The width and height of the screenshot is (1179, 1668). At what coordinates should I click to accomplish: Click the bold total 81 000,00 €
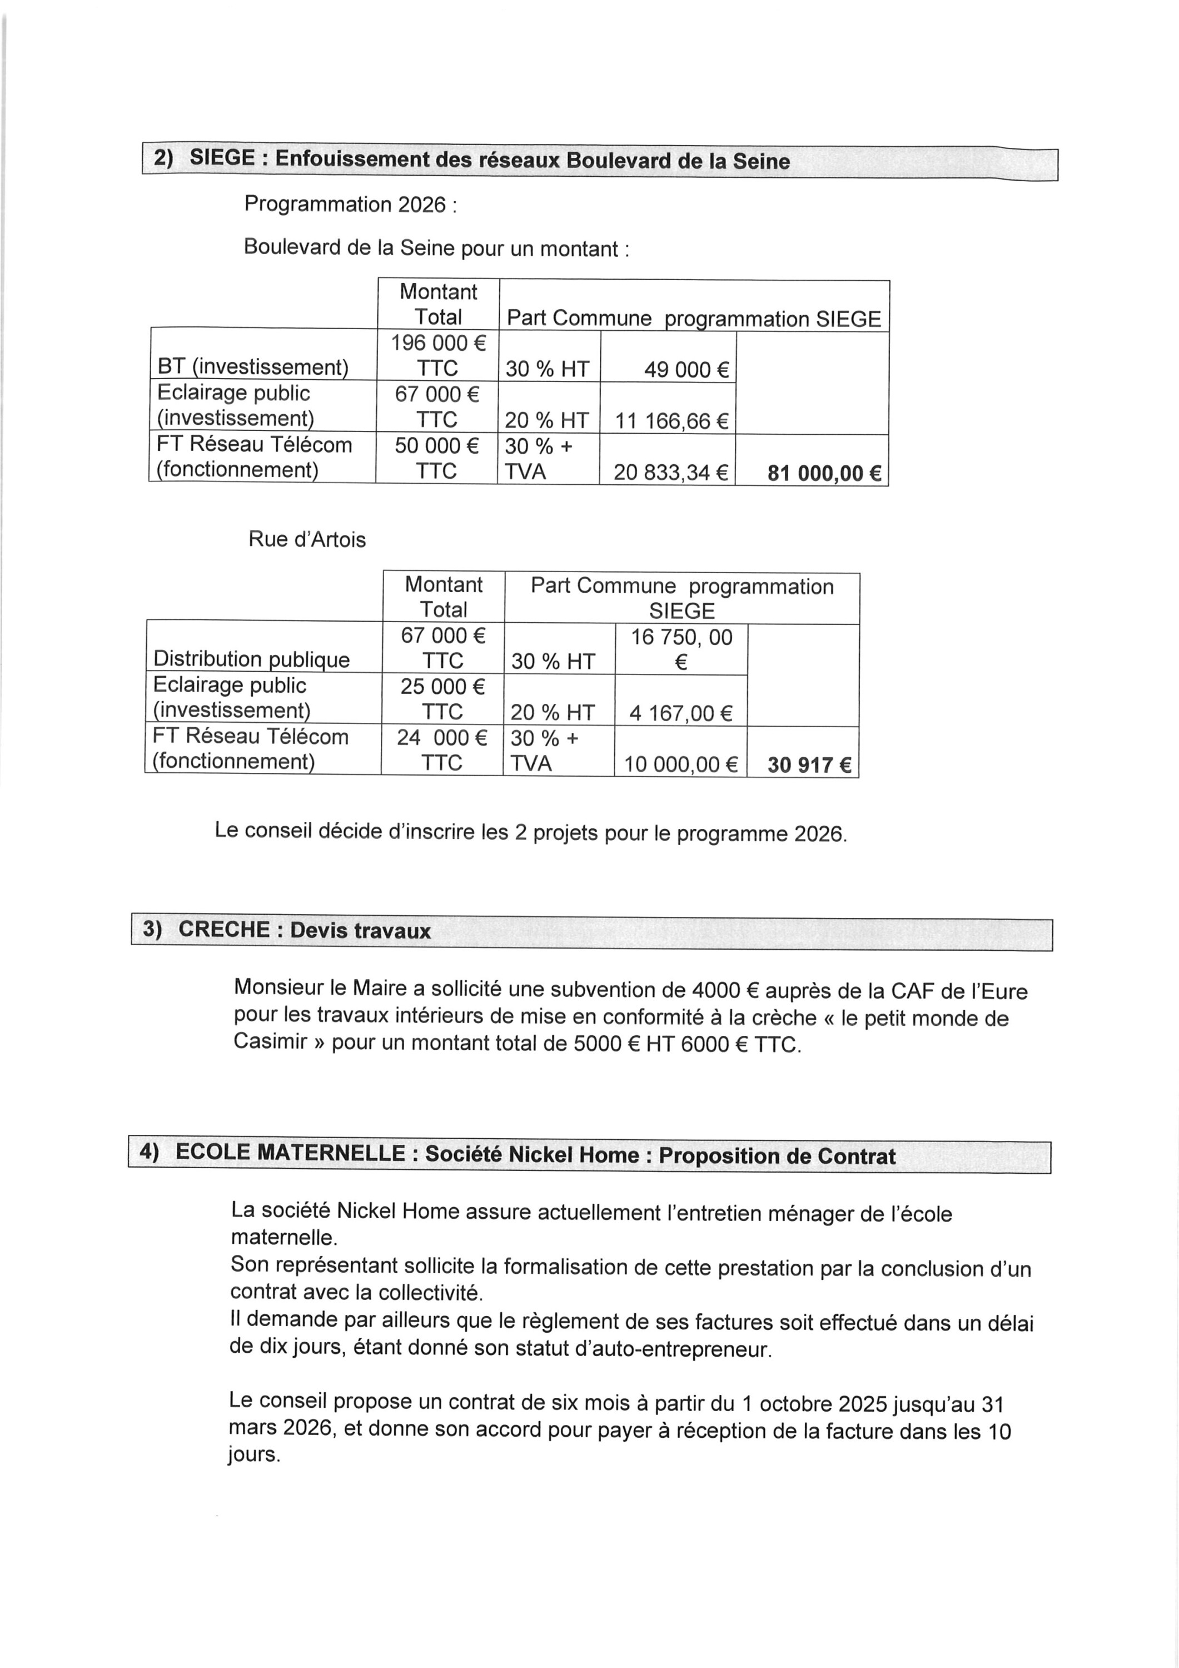coord(824,474)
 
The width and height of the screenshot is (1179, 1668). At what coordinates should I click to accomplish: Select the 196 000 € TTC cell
coord(438,355)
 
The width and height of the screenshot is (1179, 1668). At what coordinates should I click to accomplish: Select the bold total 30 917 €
coord(809,765)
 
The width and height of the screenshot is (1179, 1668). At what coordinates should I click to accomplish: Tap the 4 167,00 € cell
coord(680,713)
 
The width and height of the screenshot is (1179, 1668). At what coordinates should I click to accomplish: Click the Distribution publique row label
coord(251,659)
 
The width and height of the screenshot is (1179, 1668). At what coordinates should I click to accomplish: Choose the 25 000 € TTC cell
coord(442,698)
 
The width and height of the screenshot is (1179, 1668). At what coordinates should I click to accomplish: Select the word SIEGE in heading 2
coord(222,158)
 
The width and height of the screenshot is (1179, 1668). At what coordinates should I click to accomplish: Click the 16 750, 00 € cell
coord(681,649)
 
